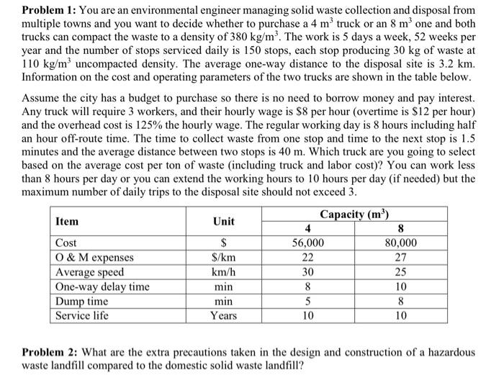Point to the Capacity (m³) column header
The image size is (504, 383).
point(354,214)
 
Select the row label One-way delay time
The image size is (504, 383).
point(102,287)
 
